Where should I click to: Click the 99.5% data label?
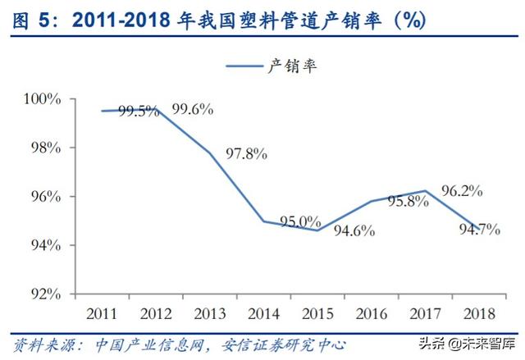139,112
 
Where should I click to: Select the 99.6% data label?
193,108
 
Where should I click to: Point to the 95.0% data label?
299,221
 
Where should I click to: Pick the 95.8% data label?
409,203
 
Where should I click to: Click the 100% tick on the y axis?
43,99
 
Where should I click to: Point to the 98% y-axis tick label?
46,148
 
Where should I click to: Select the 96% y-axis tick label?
46,197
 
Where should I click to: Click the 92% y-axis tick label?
46,294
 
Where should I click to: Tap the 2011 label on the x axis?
103,313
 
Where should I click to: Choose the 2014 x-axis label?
264,313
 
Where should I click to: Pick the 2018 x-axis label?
480,313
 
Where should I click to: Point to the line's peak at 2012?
157,109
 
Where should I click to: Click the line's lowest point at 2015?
318,230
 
